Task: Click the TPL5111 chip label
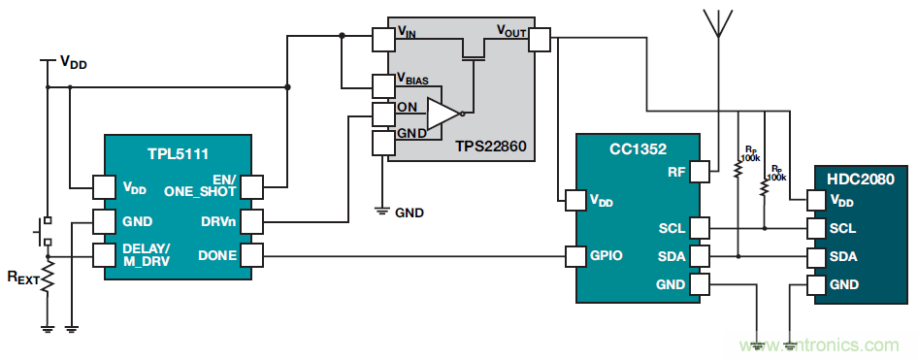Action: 178,153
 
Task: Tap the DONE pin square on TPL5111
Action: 252,256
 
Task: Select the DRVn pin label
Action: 217,222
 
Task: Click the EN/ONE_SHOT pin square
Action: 252,187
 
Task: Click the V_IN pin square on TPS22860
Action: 383,40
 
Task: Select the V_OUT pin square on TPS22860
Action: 539,40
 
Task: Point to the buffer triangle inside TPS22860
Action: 443,113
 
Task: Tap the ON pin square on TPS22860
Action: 383,114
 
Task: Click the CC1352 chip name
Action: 639,148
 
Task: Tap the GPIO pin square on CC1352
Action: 575,256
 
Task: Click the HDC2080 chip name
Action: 861,180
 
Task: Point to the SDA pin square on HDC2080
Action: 816,256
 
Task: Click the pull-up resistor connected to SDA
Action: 738,168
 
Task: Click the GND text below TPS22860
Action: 410,213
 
